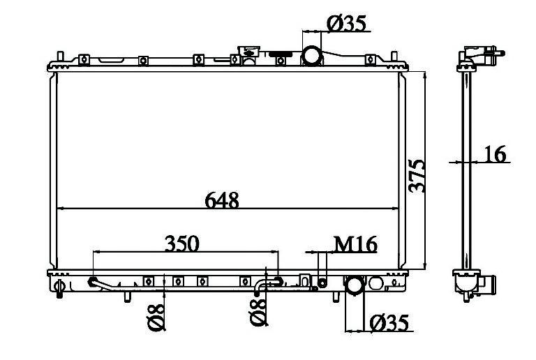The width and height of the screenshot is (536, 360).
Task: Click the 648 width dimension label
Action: point(221,200)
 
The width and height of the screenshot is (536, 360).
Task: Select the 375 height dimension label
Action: point(417,176)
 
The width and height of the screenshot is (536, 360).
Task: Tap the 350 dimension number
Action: point(182,243)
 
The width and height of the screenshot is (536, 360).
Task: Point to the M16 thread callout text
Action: point(355,244)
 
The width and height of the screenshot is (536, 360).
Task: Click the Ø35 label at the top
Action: point(346,24)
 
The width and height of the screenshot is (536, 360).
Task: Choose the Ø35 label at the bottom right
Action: point(389,323)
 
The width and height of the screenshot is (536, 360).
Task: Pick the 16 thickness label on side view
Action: point(495,154)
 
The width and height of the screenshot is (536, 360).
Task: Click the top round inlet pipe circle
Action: point(312,55)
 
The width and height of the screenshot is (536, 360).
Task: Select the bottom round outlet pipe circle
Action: point(355,285)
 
